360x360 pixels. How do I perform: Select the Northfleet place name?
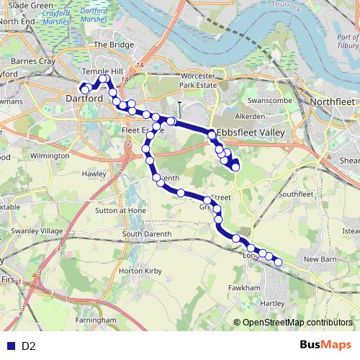332,102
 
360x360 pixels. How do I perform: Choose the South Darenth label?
146,234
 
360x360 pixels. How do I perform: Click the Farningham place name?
96,319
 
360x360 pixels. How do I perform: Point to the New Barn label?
321,258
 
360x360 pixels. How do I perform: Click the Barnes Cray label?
33,61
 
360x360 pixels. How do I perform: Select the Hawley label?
94,174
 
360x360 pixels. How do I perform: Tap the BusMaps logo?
325,346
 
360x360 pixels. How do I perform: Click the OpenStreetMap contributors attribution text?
297,323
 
